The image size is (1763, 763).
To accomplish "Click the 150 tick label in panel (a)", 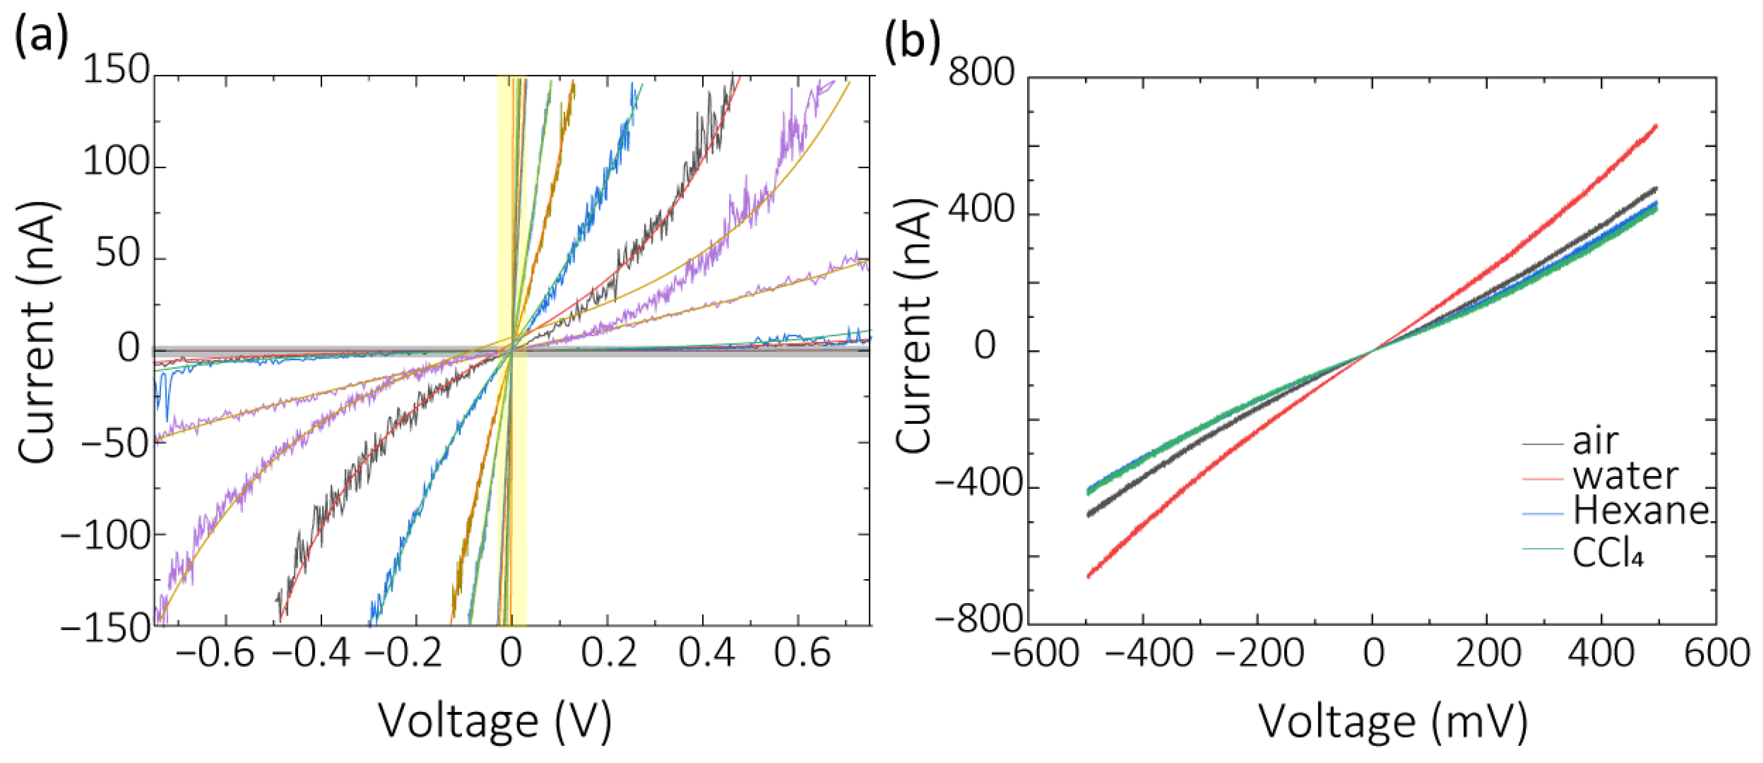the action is click(x=116, y=70).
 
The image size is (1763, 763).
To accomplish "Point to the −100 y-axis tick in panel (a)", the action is click(x=106, y=535).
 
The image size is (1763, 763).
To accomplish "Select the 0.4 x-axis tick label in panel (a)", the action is click(x=706, y=653).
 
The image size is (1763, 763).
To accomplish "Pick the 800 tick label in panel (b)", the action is click(x=980, y=73).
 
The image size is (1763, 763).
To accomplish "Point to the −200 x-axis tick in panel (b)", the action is click(x=1259, y=653).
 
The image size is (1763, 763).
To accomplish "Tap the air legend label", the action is click(x=1595, y=442).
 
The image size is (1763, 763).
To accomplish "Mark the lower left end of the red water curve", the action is click(x=1089, y=576).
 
